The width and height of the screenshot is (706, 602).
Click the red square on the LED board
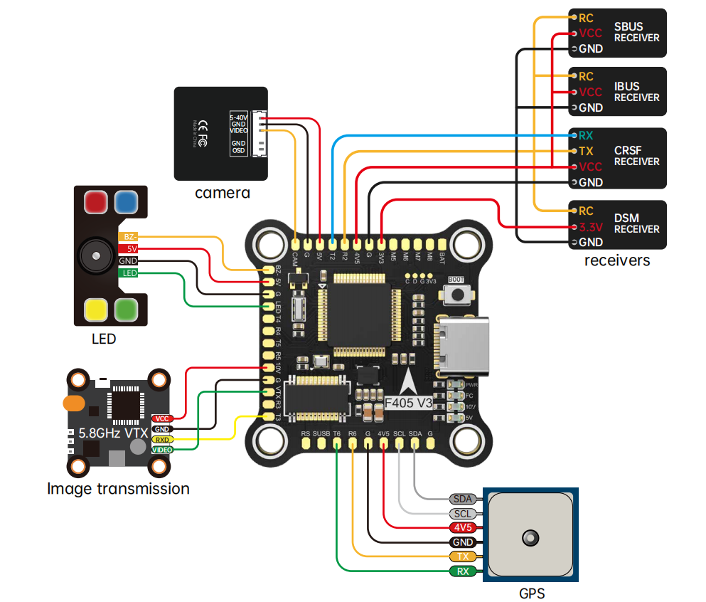(x=95, y=202)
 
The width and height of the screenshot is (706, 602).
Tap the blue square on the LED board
(x=126, y=202)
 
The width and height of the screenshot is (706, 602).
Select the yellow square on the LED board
(x=95, y=309)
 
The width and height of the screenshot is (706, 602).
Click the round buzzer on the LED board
(x=92, y=254)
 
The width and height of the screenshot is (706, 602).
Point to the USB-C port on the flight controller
(x=466, y=347)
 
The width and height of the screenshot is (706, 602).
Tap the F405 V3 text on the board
(x=409, y=403)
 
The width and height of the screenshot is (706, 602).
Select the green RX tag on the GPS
(x=463, y=571)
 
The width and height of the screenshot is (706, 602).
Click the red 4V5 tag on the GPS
(x=463, y=528)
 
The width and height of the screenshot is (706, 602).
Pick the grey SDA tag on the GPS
(x=463, y=500)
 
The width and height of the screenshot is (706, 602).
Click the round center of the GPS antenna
(x=530, y=537)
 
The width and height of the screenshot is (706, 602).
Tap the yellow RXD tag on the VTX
(x=162, y=440)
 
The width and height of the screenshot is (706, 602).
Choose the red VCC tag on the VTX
(x=162, y=419)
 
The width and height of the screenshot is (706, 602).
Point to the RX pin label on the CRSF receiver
(x=586, y=135)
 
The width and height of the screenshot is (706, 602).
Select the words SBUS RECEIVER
(x=637, y=32)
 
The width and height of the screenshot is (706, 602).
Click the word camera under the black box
(x=223, y=193)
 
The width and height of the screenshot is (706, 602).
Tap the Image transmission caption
(x=119, y=489)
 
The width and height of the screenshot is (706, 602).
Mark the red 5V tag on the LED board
(x=129, y=249)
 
